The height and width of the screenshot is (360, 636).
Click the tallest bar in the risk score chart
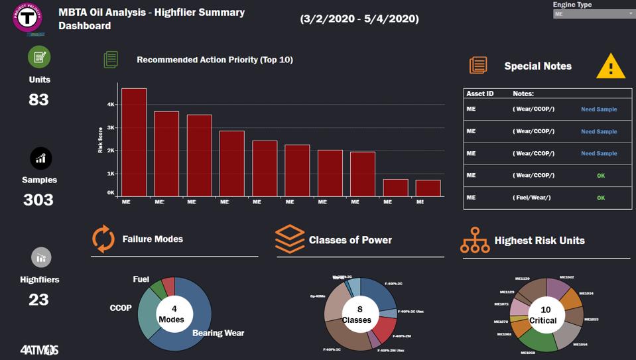pyautogui.click(x=134, y=142)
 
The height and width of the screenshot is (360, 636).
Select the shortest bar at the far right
pyautogui.click(x=428, y=188)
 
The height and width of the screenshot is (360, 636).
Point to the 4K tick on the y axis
pyautogui.click(x=111, y=104)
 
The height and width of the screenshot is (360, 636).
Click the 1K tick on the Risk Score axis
pyautogui.click(x=111, y=174)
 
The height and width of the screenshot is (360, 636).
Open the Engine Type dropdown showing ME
pyautogui.click(x=594, y=13)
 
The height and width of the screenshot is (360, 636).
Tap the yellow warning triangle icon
pyautogui.click(x=610, y=66)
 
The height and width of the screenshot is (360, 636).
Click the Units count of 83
pyautogui.click(x=38, y=100)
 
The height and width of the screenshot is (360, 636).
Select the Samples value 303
pyautogui.click(x=38, y=200)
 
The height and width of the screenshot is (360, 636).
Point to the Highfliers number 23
pyautogui.click(x=38, y=300)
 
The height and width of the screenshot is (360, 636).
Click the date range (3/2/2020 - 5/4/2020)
pyautogui.click(x=359, y=19)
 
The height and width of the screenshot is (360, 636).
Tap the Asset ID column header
pyautogui.click(x=480, y=94)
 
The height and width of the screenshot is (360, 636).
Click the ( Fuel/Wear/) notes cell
pyautogui.click(x=532, y=198)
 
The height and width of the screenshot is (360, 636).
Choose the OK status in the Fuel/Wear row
pyautogui.click(x=601, y=198)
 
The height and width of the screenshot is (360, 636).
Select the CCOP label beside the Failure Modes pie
pyautogui.click(x=121, y=308)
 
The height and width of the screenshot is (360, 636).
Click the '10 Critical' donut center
pyautogui.click(x=545, y=315)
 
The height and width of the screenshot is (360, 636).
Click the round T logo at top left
pyautogui.click(x=28, y=19)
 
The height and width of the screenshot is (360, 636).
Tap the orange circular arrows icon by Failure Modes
pyautogui.click(x=103, y=239)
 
